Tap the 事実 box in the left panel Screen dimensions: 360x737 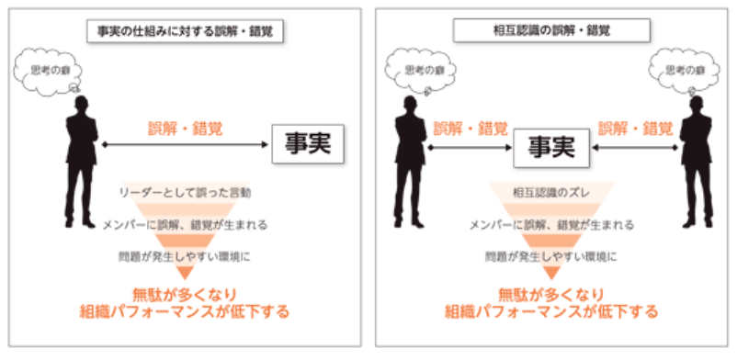(307, 144)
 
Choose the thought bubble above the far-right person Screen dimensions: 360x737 (681, 70)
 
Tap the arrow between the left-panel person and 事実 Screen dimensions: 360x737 (184, 145)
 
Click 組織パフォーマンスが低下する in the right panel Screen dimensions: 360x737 (551, 312)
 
